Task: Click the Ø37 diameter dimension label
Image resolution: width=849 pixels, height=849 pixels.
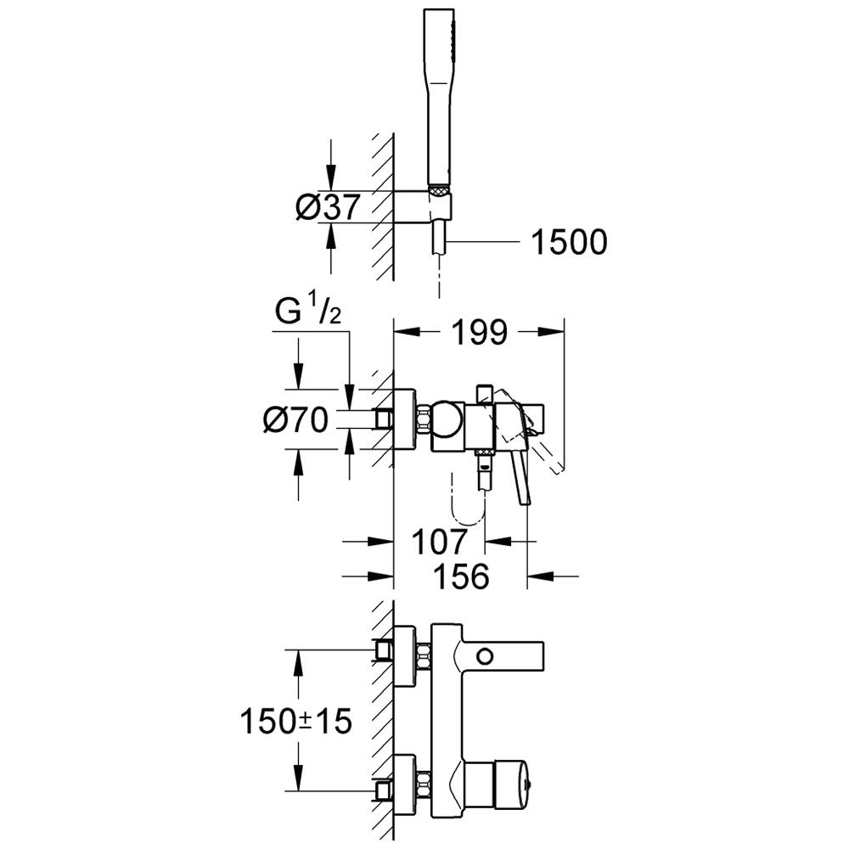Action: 328,207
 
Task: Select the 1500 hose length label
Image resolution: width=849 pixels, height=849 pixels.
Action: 569,242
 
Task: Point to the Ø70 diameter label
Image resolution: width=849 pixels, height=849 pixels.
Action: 296,419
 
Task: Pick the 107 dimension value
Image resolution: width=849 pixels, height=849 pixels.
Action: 439,541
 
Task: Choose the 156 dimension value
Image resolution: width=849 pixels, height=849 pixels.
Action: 462,576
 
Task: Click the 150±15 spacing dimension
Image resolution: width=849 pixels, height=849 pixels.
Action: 295,721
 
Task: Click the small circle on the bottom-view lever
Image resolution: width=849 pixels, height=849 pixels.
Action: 485,657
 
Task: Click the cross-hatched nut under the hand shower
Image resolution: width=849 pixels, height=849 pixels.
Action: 439,190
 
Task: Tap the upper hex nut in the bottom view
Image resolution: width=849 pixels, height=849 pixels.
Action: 424,656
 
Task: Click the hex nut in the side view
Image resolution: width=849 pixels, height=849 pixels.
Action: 424,419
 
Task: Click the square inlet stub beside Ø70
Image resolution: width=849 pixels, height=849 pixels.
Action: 383,419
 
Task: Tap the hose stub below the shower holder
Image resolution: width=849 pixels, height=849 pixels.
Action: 439,237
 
